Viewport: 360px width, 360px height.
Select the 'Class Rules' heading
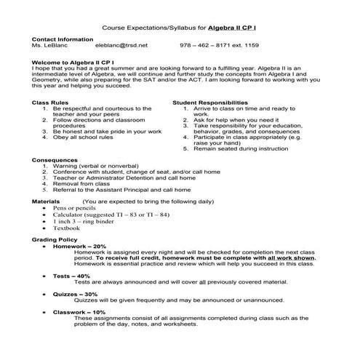point(49,103)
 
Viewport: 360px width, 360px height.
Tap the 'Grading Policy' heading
point(55,239)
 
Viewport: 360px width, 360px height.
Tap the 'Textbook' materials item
point(66,228)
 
